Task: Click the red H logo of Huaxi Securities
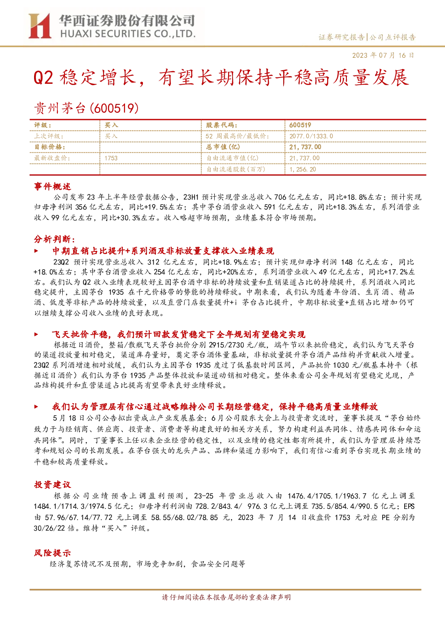coord(39,26)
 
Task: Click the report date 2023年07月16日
coord(383,55)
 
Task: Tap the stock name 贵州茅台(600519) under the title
coord(86,108)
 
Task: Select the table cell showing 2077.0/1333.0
coord(311,136)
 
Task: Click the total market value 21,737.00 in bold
coord(305,147)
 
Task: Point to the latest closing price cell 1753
coord(111,158)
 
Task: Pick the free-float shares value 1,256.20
coord(303,169)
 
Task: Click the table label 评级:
coord(43,125)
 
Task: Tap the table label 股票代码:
coord(221,125)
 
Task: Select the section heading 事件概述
coord(52,186)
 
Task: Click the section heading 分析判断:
coord(55,239)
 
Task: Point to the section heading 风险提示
coord(52,553)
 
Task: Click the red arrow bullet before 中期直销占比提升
coord(36,251)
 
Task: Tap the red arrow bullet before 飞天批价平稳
coord(36,334)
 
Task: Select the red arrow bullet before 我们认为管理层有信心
coord(36,407)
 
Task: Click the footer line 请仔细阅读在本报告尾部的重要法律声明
coord(226,597)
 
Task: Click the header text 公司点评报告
coord(393,37)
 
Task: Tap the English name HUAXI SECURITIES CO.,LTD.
coord(128,34)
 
